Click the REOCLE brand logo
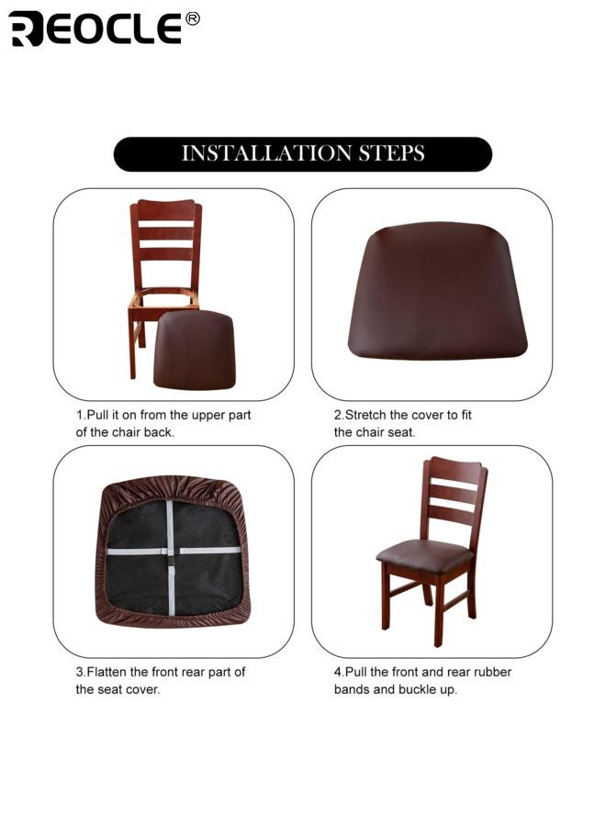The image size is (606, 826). click(x=95, y=28)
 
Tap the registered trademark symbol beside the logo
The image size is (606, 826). click(x=192, y=17)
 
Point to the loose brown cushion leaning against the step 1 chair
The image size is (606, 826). click(x=194, y=349)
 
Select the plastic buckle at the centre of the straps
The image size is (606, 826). click(x=170, y=552)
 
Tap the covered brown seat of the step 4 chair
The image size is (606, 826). click(x=424, y=554)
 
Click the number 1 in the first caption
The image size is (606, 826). click(x=79, y=415)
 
